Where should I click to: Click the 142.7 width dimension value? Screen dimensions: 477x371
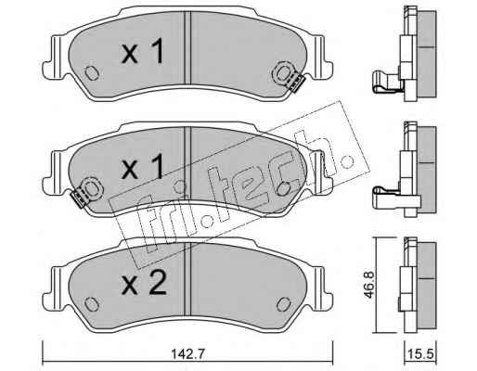coord(187,353)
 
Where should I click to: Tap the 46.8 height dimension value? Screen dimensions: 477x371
coord(368,285)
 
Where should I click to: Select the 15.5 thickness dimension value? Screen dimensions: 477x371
coord(421,353)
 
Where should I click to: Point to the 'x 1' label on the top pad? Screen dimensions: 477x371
coord(142,53)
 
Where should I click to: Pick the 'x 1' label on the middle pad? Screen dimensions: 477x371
coord(142,167)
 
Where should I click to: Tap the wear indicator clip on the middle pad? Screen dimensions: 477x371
coord(79,198)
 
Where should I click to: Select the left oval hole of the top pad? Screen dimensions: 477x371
coord(91,73)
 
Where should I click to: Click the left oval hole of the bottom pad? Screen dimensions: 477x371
coord(91,304)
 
